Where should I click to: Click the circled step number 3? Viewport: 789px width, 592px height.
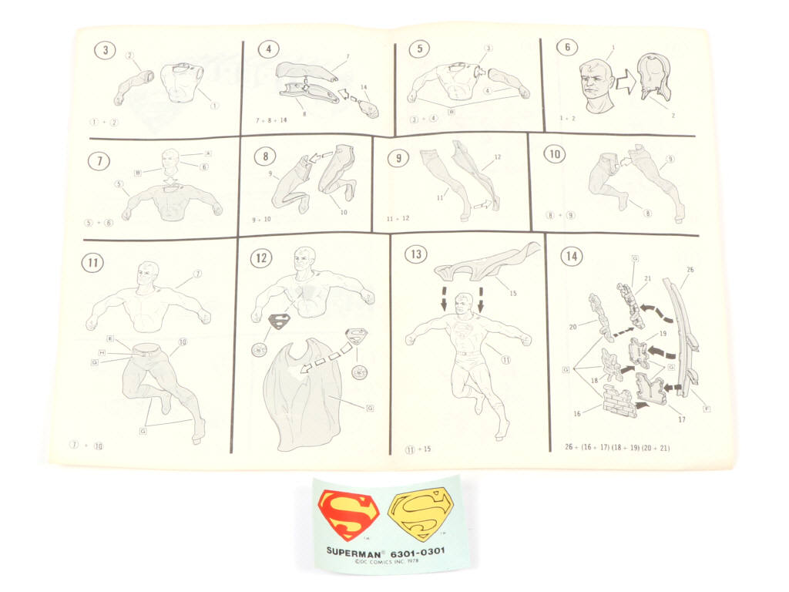[x=105, y=52]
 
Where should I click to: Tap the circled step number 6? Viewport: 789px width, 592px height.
[x=567, y=47]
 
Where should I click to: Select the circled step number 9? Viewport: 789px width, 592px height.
[x=398, y=159]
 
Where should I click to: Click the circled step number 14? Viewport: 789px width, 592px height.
[x=571, y=256]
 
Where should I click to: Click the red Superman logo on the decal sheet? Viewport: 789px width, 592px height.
[x=348, y=515]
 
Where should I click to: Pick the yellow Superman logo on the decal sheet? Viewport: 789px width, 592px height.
[x=417, y=515]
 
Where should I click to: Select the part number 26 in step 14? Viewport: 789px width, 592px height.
[x=689, y=269]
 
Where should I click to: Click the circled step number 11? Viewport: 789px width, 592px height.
[x=92, y=262]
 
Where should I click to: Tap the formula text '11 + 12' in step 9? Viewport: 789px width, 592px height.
[x=398, y=218]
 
